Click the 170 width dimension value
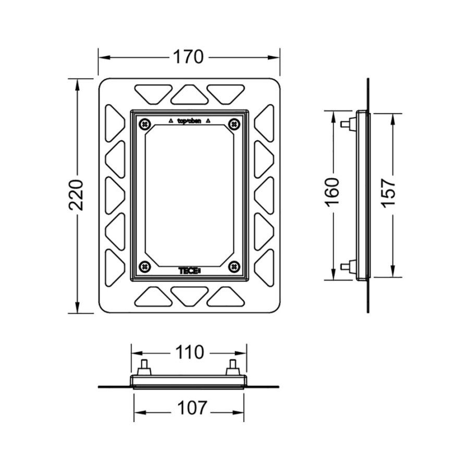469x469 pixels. [x=189, y=57]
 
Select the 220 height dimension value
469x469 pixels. [x=76, y=195]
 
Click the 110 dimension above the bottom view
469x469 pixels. [x=190, y=352]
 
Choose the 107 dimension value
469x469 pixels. [x=192, y=408]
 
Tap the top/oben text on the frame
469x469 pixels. [x=189, y=121]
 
